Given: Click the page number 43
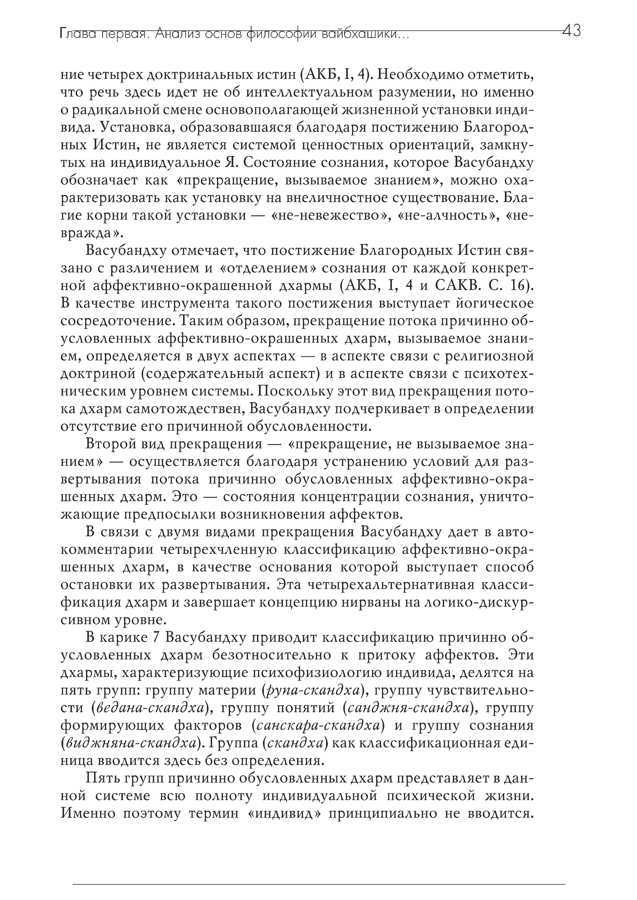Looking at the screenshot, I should point(571,31).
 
